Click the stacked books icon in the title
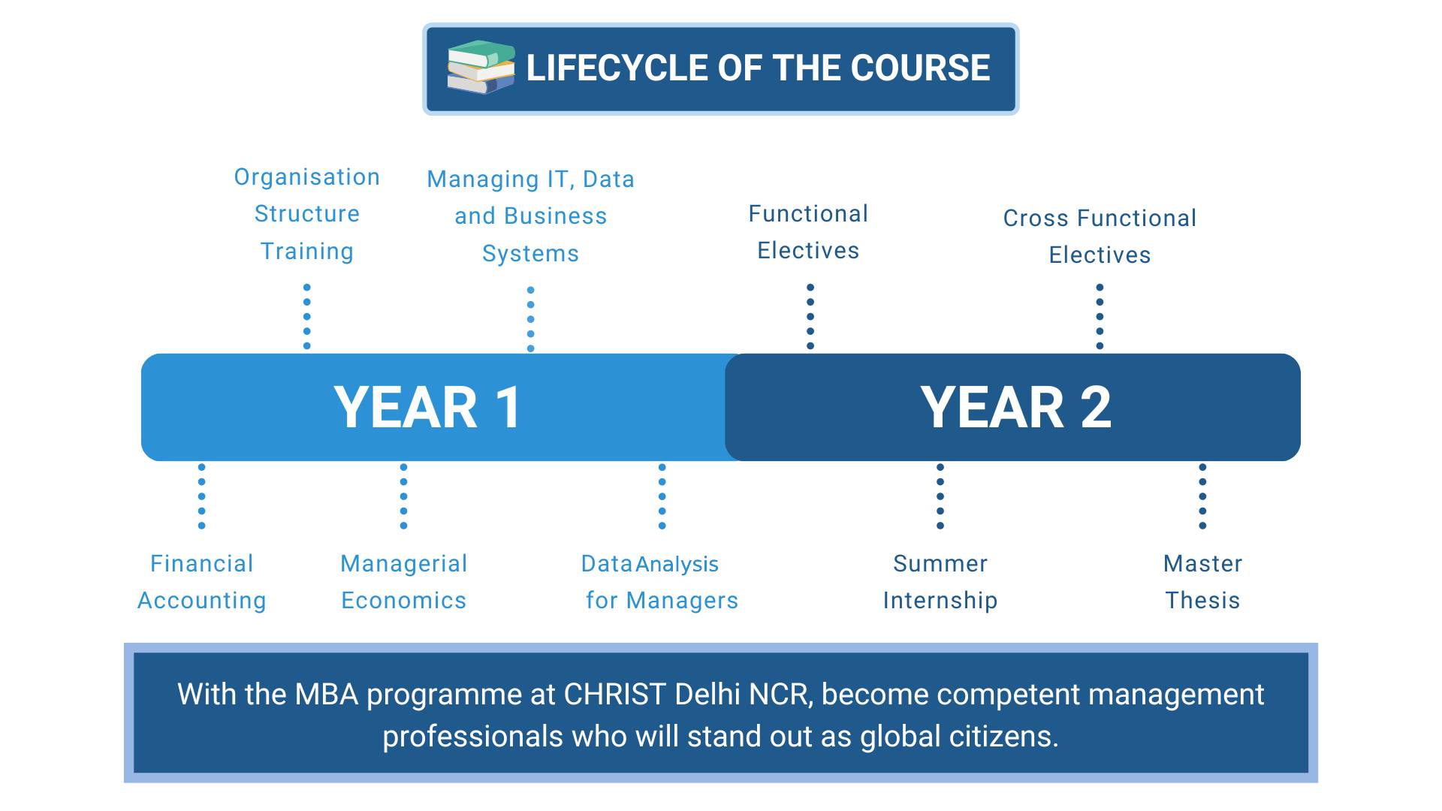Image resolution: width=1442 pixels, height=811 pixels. coord(481,67)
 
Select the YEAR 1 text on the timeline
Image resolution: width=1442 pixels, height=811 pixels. coord(427,407)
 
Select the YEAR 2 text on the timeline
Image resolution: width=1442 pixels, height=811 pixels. coord(1015,407)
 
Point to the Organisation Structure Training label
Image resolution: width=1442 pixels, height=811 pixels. coord(307,214)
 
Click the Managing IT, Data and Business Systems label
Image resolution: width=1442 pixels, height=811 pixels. coord(531,216)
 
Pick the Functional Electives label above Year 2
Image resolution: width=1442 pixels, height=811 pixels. coord(808,232)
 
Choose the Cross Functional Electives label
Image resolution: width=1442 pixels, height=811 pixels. coord(1100,237)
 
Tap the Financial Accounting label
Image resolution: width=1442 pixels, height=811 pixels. coord(202,582)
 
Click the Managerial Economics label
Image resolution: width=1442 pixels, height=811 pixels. coord(404,582)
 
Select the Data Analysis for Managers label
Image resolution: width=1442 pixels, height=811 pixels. coord(660,582)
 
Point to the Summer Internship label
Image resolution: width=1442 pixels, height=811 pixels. coord(940,582)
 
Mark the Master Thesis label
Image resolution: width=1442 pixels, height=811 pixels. coord(1202,582)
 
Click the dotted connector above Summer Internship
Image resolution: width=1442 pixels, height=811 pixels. coord(940,496)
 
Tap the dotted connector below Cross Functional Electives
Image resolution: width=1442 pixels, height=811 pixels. coord(1100,317)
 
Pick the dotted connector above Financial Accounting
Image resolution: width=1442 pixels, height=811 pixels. coord(201,496)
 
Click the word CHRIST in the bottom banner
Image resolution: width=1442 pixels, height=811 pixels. coord(615,695)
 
